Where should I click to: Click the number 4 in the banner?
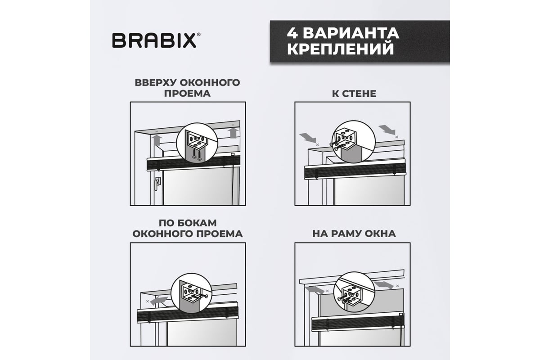(292, 33)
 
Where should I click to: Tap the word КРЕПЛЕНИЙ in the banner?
(340, 49)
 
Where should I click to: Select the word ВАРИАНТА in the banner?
(351, 33)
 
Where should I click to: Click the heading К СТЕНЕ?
(354, 94)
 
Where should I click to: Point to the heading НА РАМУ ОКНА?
(354, 234)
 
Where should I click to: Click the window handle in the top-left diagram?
(157, 184)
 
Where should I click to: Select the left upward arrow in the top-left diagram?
(157, 140)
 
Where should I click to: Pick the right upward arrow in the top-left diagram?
(233, 133)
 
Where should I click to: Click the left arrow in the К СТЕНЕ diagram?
(308, 138)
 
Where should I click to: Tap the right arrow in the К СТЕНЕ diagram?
(387, 130)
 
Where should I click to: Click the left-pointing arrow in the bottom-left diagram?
(158, 301)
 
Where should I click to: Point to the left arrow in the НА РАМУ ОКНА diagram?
(315, 290)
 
